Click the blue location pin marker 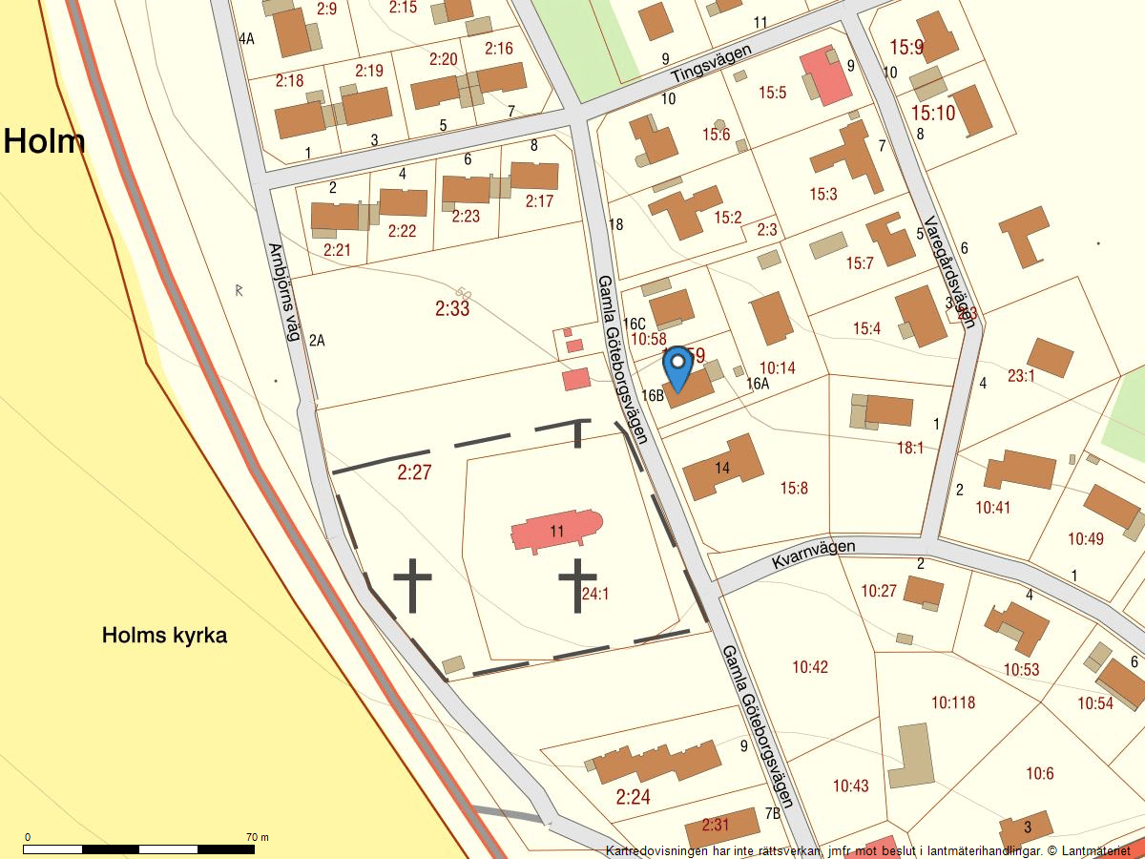pyautogui.click(x=677, y=367)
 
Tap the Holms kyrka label pyautogui.click(x=164, y=636)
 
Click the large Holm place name pyautogui.click(x=44, y=141)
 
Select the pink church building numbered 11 pyautogui.click(x=556, y=531)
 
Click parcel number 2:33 pyautogui.click(x=452, y=308)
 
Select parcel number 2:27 pyautogui.click(x=415, y=471)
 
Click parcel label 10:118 pyautogui.click(x=953, y=703)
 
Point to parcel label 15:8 pyautogui.click(x=794, y=489)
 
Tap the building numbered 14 pyautogui.click(x=723, y=467)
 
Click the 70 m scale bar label pyautogui.click(x=257, y=837)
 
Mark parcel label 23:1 pyautogui.click(x=1020, y=376)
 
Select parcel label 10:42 pyautogui.click(x=810, y=667)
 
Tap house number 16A pyautogui.click(x=758, y=384)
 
